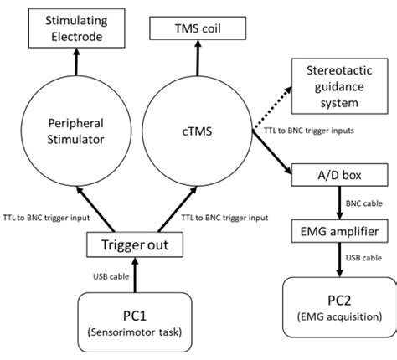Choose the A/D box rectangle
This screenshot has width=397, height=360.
click(x=338, y=174)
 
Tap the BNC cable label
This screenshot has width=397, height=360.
click(x=365, y=201)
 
